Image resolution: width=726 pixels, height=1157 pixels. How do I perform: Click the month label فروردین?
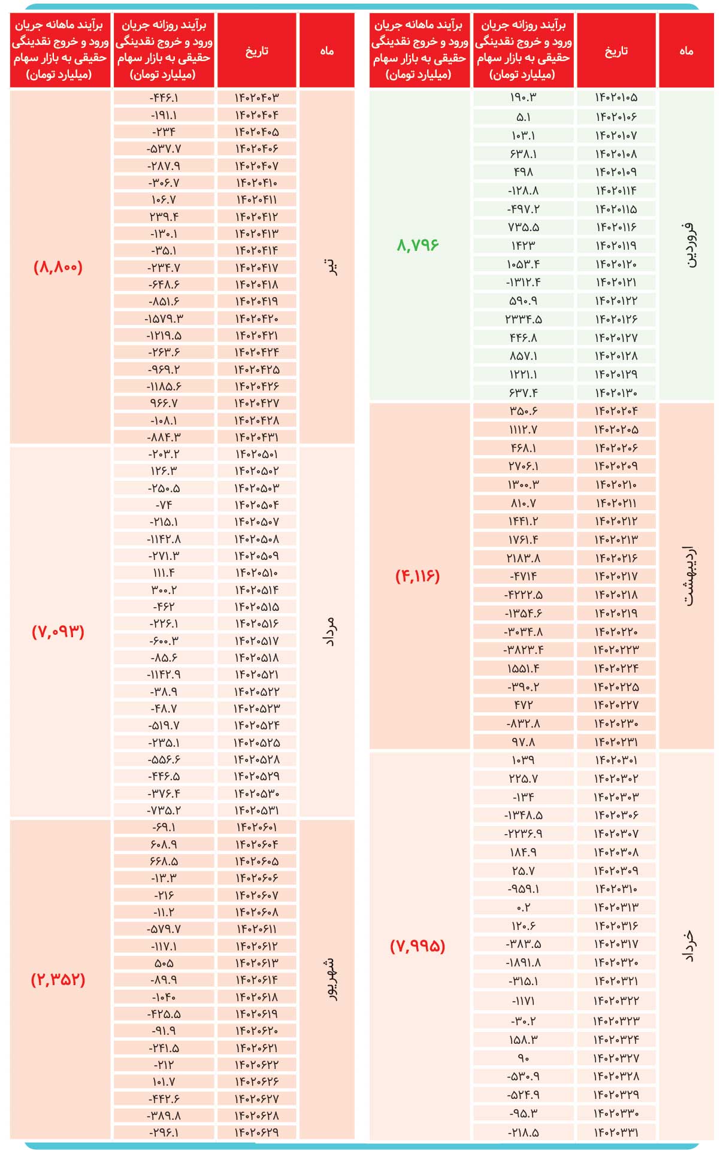pos(688,245)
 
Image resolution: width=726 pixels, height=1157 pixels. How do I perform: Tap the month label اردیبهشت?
pos(688,576)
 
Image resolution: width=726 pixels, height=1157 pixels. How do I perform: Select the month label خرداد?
pos(688,946)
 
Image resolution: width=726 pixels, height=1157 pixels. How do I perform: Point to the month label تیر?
pos(328,266)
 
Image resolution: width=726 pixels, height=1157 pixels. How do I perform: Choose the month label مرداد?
pos(328,632)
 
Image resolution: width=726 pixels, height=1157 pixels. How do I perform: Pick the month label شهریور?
pos(328,980)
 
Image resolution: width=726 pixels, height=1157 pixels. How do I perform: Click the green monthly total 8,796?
pos(418,245)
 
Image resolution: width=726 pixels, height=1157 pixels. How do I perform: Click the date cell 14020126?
pos(616,319)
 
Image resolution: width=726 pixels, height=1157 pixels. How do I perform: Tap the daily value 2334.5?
pos(523,319)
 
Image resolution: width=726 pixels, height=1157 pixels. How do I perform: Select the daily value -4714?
pos(523,576)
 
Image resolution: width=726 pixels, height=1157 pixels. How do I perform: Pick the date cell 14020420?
pos(256,319)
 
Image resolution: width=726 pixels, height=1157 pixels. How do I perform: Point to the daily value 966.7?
pos(164,404)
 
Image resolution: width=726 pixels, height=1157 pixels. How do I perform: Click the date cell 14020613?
pos(256,963)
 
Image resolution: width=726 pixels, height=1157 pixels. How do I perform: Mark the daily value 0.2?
pos(523,907)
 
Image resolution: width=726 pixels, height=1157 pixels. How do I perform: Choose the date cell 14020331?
pos(616,1132)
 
